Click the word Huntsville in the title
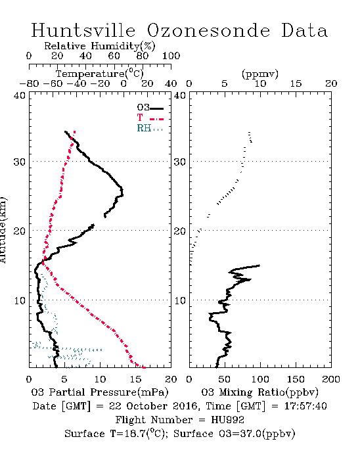83,30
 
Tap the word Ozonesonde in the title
208,30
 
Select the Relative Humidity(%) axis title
100,46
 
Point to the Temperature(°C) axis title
100,74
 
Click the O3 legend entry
150,108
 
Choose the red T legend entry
150,118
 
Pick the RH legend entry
150,129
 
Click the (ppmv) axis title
260,74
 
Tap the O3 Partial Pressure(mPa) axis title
100,392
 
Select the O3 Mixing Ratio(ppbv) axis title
259,392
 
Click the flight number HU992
227,420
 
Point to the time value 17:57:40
305,406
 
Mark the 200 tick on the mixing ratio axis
331,379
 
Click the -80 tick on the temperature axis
29,84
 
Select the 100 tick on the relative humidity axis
171,56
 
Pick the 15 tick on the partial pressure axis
135,379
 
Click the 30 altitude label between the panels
180,162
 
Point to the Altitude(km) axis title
3,230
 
